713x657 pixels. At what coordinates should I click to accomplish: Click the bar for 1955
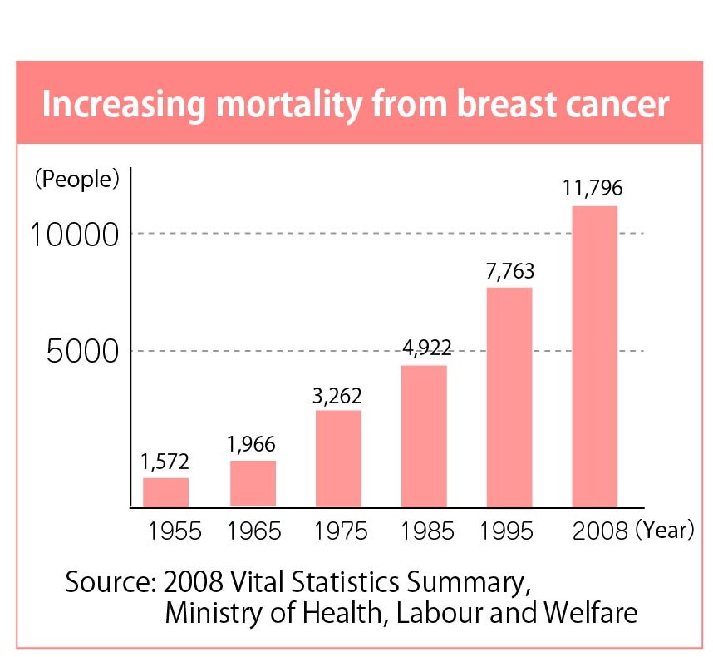(x=165, y=492)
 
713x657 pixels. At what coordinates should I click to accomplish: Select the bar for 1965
(x=253, y=483)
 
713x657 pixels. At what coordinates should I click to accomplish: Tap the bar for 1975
(x=338, y=458)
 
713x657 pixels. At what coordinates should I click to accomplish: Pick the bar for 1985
(x=424, y=436)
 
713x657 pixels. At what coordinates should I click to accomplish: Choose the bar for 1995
(x=509, y=397)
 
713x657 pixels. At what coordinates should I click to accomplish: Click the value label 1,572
(x=165, y=462)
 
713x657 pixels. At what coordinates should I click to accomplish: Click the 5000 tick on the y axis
(x=84, y=352)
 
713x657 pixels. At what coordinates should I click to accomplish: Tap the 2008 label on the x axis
(x=599, y=532)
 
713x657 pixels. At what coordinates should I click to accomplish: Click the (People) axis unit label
(x=76, y=179)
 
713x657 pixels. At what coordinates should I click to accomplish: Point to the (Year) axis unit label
(x=665, y=531)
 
